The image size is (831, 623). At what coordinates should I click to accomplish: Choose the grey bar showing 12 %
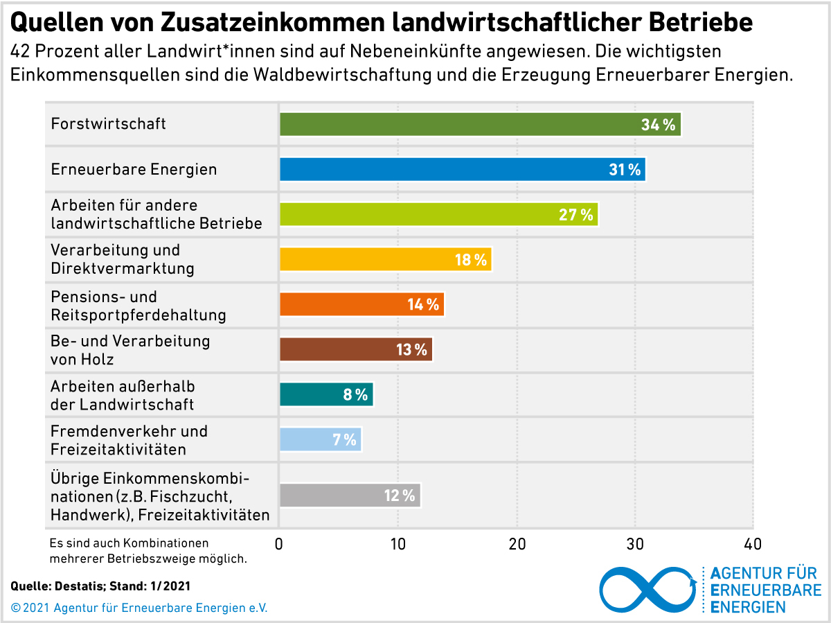[x=332, y=495]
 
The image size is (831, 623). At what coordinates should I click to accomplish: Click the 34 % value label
[x=658, y=125]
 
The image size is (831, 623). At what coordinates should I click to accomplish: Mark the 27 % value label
[x=576, y=215]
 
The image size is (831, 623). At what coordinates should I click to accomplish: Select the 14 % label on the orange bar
[x=423, y=305]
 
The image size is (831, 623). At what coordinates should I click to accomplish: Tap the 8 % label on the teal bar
[x=355, y=395]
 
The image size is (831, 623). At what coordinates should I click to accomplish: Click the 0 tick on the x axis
[x=279, y=544]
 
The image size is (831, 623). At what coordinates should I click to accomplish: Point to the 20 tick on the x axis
[x=517, y=544]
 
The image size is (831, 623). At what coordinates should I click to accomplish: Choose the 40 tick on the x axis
[x=753, y=544]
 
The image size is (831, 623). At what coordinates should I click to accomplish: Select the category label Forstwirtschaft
[x=109, y=124]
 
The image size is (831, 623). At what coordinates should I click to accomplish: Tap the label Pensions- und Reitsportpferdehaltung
[x=138, y=306]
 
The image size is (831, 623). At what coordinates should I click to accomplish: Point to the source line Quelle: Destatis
[x=100, y=586]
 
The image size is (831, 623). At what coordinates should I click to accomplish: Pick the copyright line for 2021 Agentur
[x=139, y=608]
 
